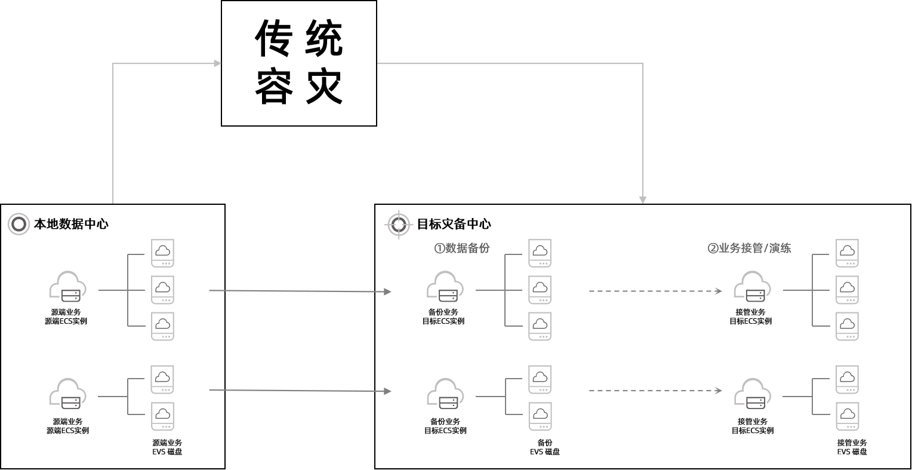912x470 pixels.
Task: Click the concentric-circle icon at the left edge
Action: tap(19, 224)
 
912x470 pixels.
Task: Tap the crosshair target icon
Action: tap(399, 225)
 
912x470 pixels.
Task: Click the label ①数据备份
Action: tap(462, 248)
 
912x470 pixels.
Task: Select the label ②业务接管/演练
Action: tap(749, 248)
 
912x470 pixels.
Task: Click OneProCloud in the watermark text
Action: tap(868, 458)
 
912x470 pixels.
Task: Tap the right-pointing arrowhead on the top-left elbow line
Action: tap(217, 63)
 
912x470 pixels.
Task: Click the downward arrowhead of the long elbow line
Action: tap(643, 199)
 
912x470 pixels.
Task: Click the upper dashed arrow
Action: tap(655, 291)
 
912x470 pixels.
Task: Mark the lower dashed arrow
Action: tap(655, 391)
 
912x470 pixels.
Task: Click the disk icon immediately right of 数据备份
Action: tap(540, 253)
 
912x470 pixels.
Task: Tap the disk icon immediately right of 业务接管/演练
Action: tap(847, 253)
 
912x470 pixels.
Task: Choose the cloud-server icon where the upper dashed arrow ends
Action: tap(752, 286)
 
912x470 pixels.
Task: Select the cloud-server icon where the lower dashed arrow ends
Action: tap(752, 394)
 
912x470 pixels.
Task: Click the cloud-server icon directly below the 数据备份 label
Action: tap(445, 286)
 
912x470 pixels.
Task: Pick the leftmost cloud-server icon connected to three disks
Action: tap(67, 286)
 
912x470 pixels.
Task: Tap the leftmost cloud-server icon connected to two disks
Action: tap(67, 394)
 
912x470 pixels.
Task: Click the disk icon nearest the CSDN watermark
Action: tap(847, 416)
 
